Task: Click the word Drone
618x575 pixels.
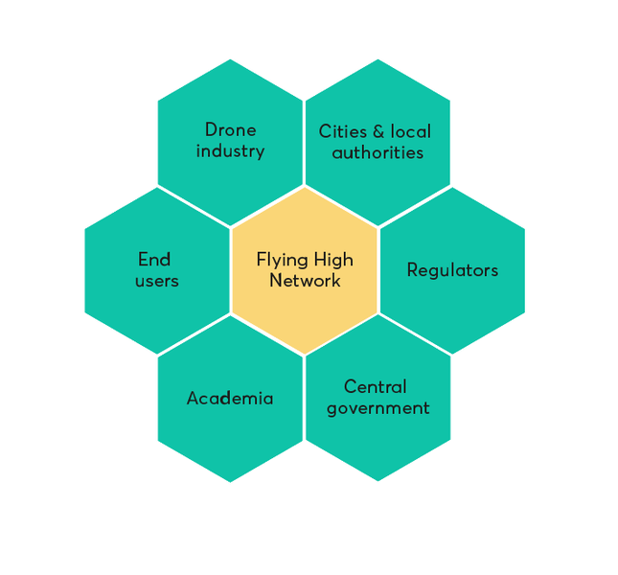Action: [230, 129]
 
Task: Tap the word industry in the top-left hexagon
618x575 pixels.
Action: [230, 150]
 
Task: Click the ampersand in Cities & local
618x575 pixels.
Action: [378, 131]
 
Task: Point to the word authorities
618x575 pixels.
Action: [378, 152]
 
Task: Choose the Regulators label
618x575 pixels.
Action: [452, 270]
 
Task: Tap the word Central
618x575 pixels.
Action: [376, 386]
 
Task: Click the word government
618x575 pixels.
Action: [378, 408]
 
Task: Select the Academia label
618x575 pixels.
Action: [230, 398]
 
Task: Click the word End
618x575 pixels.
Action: [154, 259]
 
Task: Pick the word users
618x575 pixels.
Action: [156, 281]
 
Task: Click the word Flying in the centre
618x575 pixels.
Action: [279, 259]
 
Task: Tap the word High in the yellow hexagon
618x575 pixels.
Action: [333, 259]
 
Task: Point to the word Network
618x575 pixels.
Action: [305, 281]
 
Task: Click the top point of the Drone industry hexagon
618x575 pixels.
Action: [230, 59]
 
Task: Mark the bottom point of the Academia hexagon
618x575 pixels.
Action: [230, 482]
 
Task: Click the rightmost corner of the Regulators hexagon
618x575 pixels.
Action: [525, 270]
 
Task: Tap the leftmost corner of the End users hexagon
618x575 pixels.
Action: [84, 270]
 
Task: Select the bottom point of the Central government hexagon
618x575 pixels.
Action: [378, 482]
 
